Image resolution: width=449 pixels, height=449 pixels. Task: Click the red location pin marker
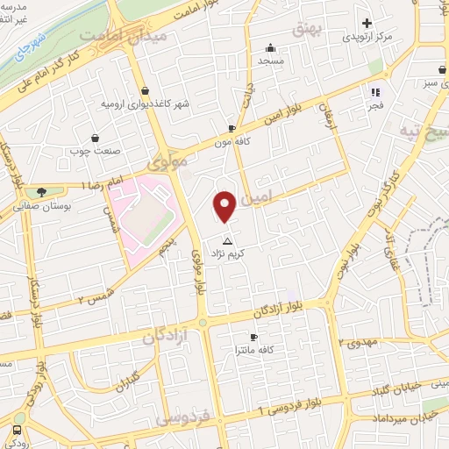225,205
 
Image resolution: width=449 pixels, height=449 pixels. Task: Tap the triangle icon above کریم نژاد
228,239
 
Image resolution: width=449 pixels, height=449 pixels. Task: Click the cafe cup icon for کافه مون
232,126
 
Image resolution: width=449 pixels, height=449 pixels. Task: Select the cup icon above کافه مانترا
253,337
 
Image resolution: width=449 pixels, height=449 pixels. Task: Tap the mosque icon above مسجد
271,47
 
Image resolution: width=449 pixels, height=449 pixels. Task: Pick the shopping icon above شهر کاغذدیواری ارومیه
145,91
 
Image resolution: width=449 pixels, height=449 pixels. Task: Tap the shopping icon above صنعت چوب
95,138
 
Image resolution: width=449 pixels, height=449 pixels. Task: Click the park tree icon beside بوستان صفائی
40,192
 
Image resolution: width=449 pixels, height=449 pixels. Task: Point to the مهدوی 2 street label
360,342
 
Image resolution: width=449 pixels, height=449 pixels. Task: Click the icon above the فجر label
375,91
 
